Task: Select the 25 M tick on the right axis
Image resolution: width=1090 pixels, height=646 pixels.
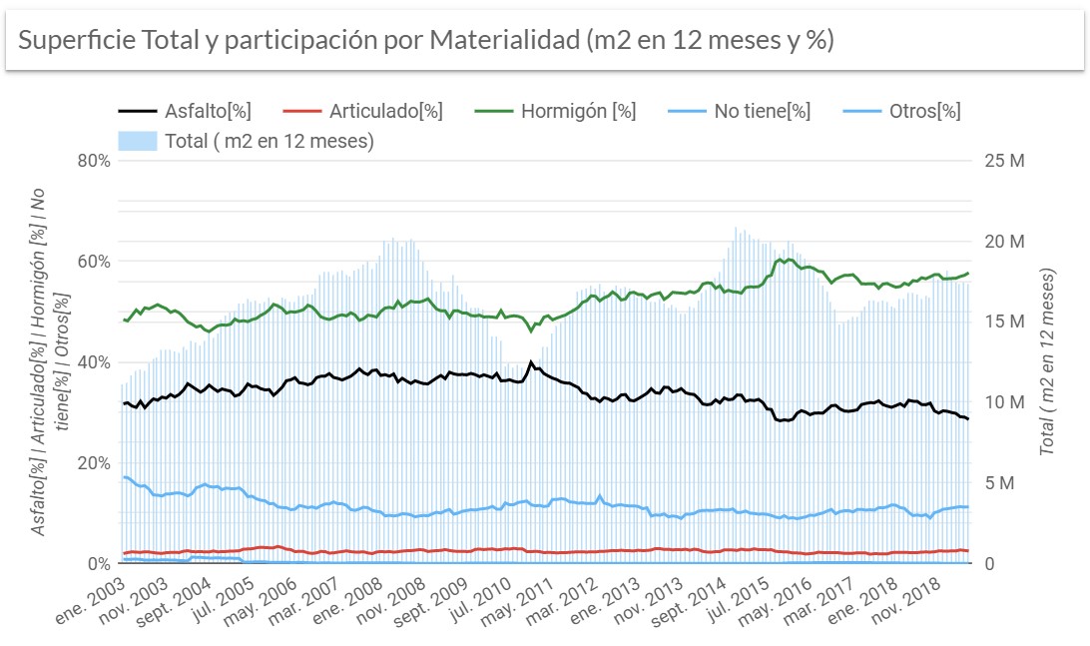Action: click(x=1004, y=161)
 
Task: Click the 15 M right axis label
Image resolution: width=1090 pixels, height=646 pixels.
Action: click(x=1004, y=322)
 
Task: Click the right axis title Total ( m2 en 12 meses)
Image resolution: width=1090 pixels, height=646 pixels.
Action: click(x=1048, y=361)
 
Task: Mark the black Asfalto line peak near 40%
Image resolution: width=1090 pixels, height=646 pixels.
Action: click(x=531, y=362)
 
